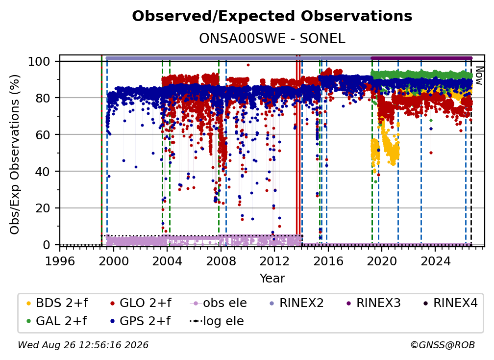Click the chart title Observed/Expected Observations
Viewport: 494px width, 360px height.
tap(272, 16)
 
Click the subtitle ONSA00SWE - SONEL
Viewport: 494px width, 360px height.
tap(272, 38)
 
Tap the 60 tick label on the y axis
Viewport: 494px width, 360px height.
tap(43, 134)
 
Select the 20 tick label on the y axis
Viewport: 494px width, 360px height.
tap(43, 208)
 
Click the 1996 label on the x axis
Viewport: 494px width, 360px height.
tap(60, 261)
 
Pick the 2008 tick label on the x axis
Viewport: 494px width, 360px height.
tap(221, 261)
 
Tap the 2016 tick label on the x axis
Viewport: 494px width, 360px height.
tap(328, 261)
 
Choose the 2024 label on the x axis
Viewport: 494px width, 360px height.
tap(435, 261)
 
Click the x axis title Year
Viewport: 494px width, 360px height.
tap(272, 279)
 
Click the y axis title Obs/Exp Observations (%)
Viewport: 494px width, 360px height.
tap(15, 154)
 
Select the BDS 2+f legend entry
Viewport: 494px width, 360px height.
tap(57, 303)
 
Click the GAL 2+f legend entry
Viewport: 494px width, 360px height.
tap(56, 321)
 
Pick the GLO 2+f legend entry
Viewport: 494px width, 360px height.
tap(141, 303)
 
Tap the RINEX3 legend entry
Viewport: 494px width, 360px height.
tap(373, 303)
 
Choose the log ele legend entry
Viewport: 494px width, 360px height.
tap(217, 321)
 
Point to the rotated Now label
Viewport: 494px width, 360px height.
tap(478, 76)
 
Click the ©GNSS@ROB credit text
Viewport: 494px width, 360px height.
tap(443, 345)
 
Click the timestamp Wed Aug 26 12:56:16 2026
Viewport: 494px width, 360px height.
tap(83, 345)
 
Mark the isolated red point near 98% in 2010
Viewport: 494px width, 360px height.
tap(248, 65)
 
